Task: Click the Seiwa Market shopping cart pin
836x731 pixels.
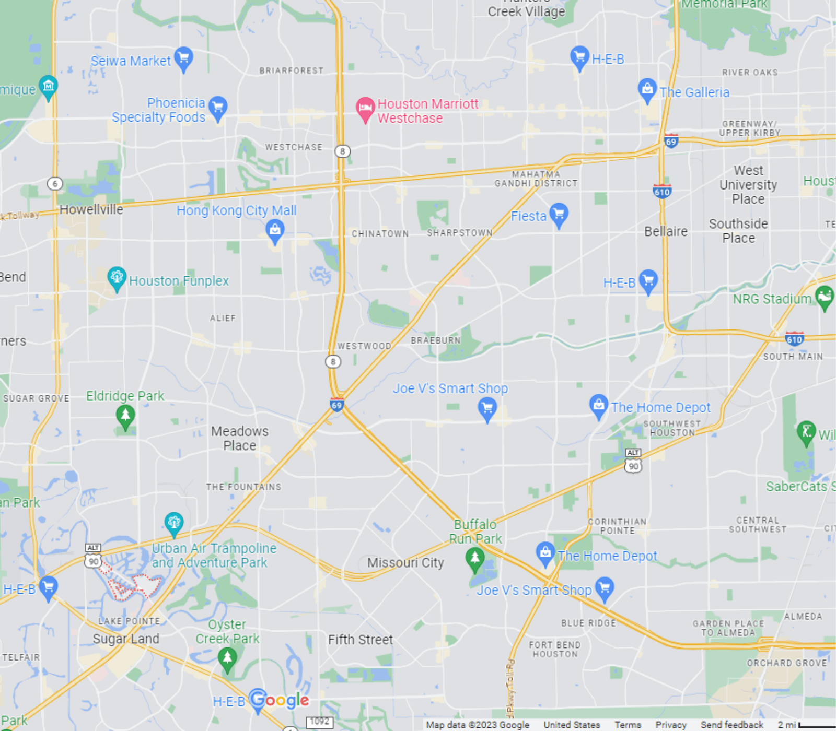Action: [183, 58]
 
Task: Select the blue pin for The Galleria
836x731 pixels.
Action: [647, 90]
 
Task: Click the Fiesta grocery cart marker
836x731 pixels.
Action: [559, 215]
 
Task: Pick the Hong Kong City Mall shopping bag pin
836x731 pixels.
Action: [275, 230]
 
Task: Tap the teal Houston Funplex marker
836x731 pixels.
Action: [117, 278]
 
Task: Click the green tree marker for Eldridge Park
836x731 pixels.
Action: [125, 417]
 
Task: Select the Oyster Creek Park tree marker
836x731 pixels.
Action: [227, 658]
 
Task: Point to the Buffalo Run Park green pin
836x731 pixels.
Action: [474, 559]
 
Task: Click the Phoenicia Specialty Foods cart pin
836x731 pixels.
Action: [218, 108]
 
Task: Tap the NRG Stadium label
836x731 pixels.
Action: [772, 299]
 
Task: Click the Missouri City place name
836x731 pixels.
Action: [405, 563]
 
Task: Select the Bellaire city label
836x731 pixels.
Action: [666, 231]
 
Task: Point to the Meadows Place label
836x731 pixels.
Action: [240, 438]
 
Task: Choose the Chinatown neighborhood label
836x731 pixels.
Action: [380, 234]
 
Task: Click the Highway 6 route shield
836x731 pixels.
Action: [55, 184]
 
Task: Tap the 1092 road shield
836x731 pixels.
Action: [319, 722]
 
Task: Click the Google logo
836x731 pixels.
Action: [280, 700]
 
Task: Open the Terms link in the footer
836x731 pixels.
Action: [628, 725]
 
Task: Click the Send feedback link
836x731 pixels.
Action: [731, 725]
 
